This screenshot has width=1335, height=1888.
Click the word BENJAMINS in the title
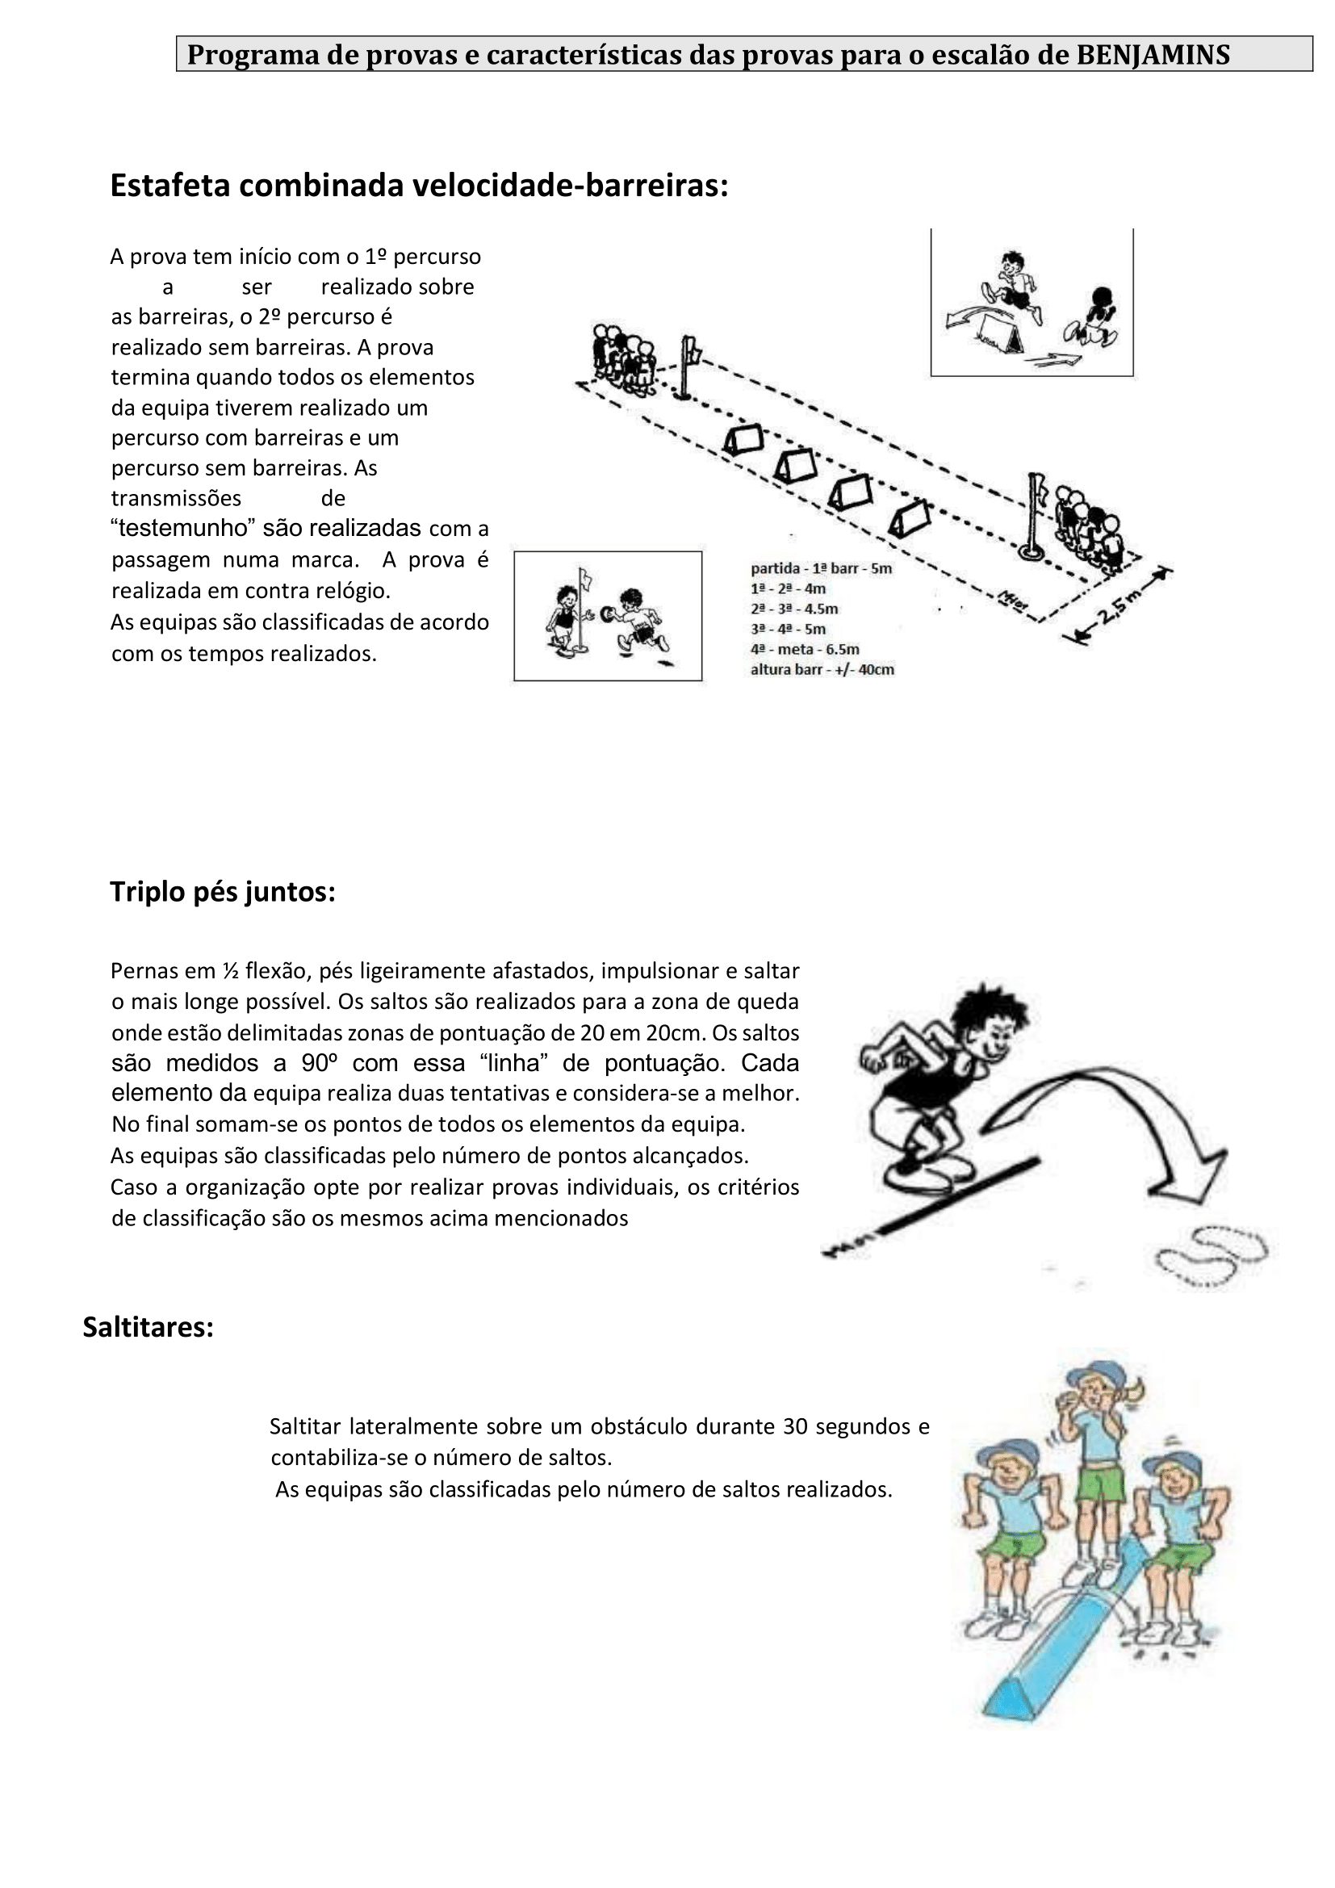point(1153,55)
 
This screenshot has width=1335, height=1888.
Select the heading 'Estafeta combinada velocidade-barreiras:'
point(419,186)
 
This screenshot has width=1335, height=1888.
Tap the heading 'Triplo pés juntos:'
point(223,891)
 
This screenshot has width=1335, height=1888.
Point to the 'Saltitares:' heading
point(148,1326)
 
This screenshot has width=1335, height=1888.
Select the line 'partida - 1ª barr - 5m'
point(820,568)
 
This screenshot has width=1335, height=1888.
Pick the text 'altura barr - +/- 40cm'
point(822,669)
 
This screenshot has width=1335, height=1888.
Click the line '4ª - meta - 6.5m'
point(805,649)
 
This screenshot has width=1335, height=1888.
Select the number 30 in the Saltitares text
point(795,1426)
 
